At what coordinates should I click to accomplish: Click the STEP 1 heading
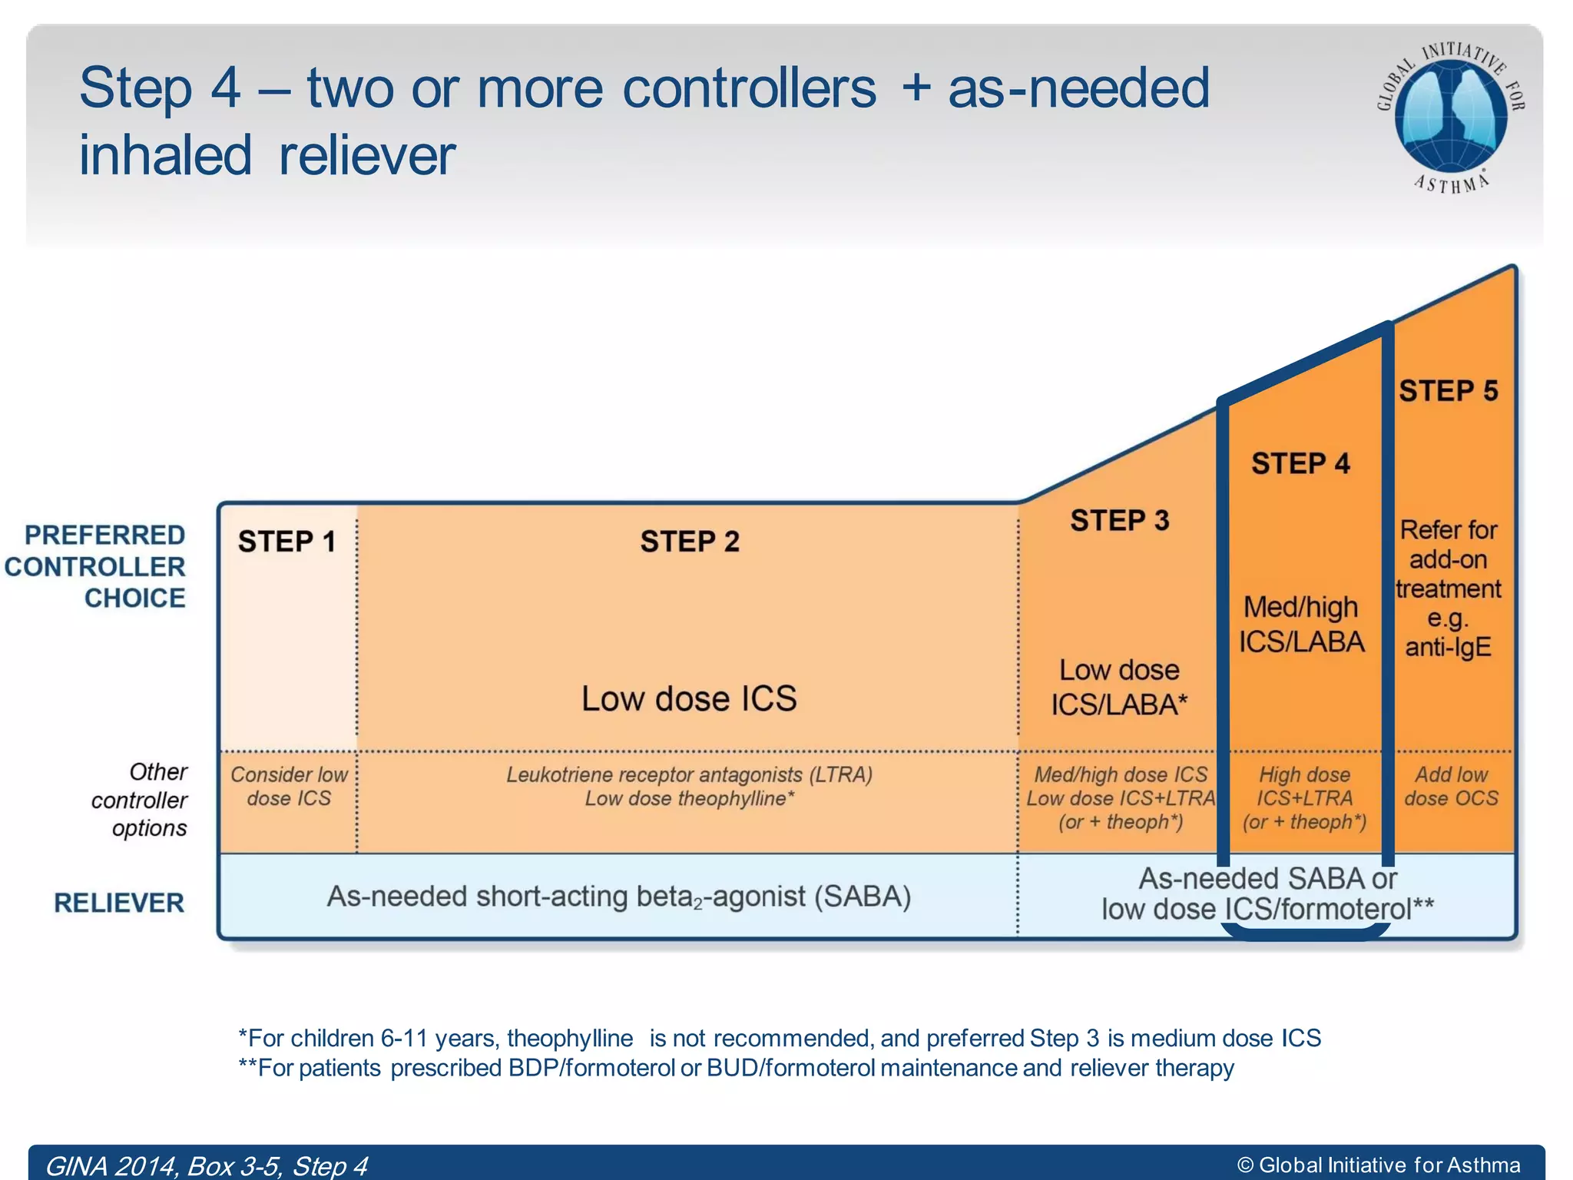pyautogui.click(x=286, y=542)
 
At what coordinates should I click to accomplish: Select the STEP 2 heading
pyautogui.click(x=690, y=542)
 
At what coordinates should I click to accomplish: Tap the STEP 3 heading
pyautogui.click(x=1119, y=521)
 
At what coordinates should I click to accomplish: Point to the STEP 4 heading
pyautogui.click(x=1300, y=463)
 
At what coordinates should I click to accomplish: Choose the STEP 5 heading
pyautogui.click(x=1448, y=391)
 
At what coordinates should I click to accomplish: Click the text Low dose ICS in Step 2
pyautogui.click(x=689, y=698)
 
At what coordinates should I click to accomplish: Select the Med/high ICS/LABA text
pyautogui.click(x=1301, y=624)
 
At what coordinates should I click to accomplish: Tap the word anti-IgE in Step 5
pyautogui.click(x=1448, y=647)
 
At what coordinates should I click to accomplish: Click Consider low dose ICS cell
pyautogui.click(x=289, y=786)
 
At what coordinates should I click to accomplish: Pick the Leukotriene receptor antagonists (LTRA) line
pyautogui.click(x=689, y=774)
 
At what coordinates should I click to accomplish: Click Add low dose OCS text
pyautogui.click(x=1451, y=786)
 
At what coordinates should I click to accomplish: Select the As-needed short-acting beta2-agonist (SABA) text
pyautogui.click(x=619, y=897)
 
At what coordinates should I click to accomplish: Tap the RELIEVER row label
pyautogui.click(x=119, y=903)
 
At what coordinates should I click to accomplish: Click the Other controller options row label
pyautogui.click(x=140, y=800)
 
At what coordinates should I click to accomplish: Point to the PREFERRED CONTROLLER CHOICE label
pyautogui.click(x=96, y=566)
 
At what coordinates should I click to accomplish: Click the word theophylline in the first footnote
pyautogui.click(x=570, y=1038)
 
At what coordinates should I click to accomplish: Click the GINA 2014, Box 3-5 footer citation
pyautogui.click(x=206, y=1165)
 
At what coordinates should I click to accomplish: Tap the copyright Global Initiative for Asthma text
pyautogui.click(x=1379, y=1165)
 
